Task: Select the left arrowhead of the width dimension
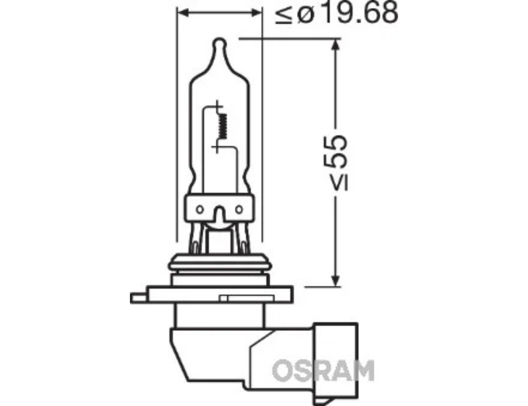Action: (x=183, y=13)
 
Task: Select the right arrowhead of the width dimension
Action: (x=257, y=13)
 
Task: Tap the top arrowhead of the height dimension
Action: (x=335, y=45)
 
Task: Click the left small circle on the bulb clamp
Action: (x=200, y=209)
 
